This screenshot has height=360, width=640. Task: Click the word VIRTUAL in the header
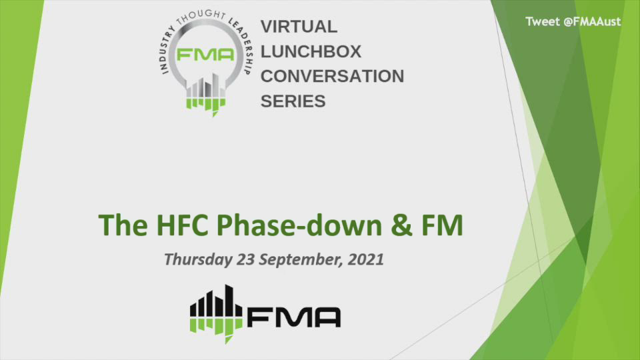coord(299,27)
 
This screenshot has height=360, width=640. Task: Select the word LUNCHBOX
coord(311,52)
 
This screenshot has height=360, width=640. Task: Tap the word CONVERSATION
coord(332,76)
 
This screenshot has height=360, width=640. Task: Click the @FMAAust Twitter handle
coord(592,21)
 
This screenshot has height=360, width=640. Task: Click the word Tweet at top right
coord(542,21)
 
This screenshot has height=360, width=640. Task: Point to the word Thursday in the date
coord(197,259)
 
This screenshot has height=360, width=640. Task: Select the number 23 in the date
coord(245,259)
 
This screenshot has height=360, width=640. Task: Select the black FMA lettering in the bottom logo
coord(294,317)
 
